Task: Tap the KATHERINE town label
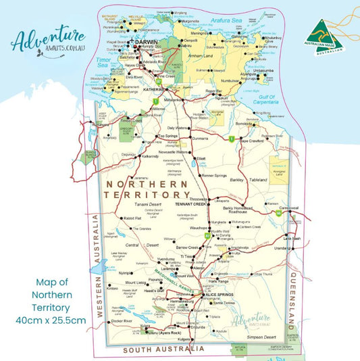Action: pyautogui.click(x=153, y=89)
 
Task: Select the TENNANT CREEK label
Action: pyautogui.click(x=190, y=203)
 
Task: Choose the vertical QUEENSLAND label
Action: pyautogui.click(x=294, y=295)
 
